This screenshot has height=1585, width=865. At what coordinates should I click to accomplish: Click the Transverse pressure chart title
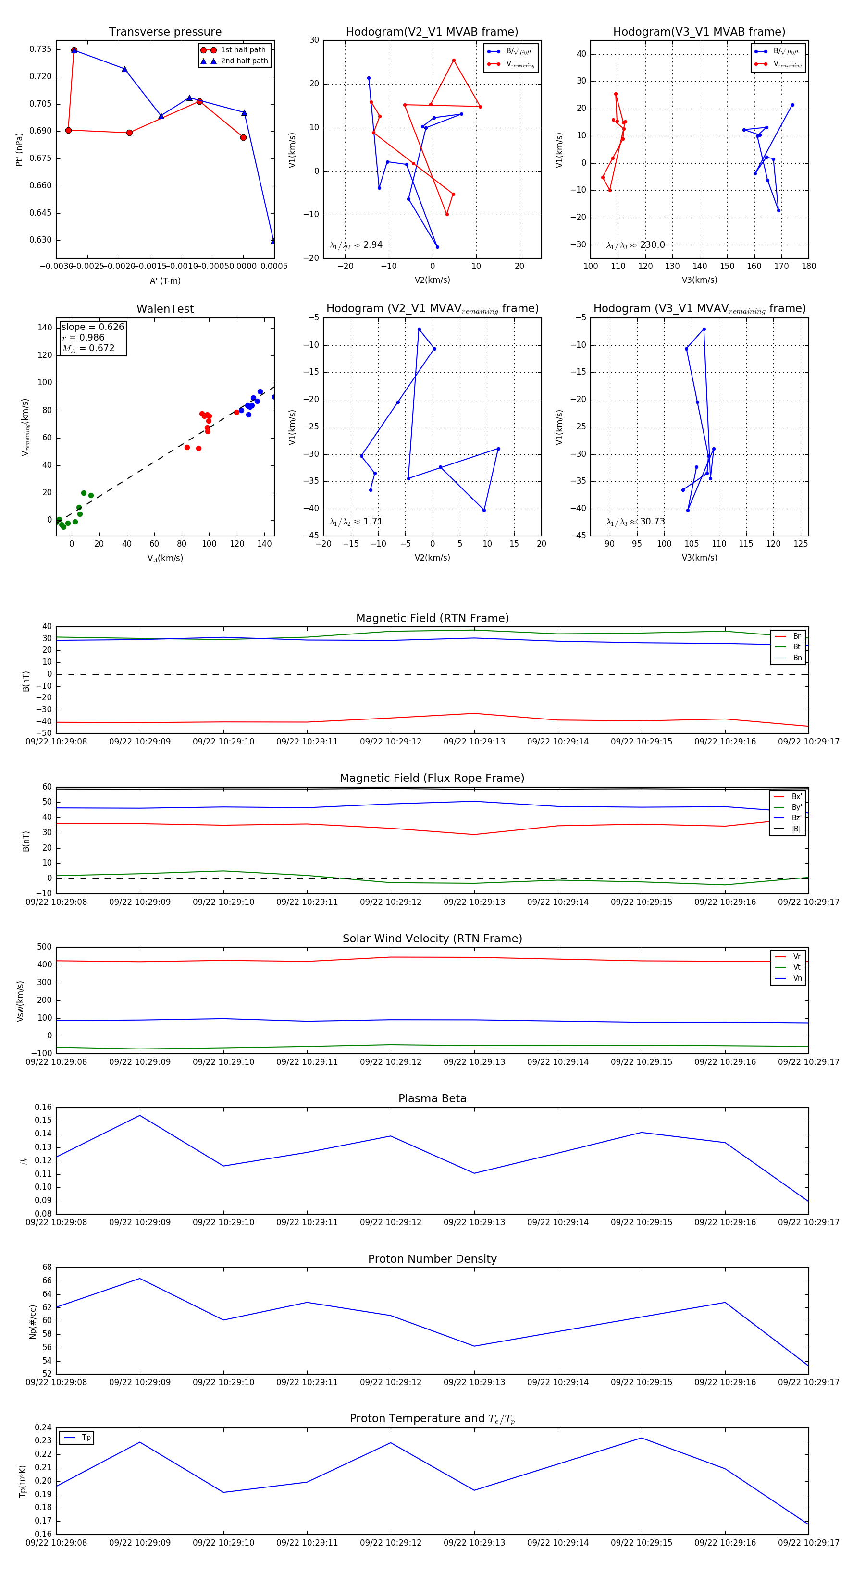tap(165, 32)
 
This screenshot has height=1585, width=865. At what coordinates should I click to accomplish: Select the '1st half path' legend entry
tap(243, 50)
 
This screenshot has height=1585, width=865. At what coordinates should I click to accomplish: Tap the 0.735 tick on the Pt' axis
tap(41, 49)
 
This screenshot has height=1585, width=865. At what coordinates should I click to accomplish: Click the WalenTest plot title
tap(165, 309)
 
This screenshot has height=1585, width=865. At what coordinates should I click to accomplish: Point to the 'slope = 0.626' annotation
tap(92, 327)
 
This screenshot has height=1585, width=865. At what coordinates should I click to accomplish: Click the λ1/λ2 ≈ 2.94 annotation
tap(356, 245)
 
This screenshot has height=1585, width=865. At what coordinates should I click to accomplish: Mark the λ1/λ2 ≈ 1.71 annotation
tap(356, 522)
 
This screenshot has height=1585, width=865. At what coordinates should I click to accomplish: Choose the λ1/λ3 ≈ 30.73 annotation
tap(635, 522)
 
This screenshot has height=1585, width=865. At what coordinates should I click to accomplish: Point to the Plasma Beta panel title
tap(432, 1099)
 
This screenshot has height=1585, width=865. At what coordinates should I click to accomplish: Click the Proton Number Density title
tap(432, 1259)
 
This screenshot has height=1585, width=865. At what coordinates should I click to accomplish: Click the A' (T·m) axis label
tap(165, 281)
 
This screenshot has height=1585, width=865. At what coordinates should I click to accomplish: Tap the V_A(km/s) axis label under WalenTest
tap(165, 558)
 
